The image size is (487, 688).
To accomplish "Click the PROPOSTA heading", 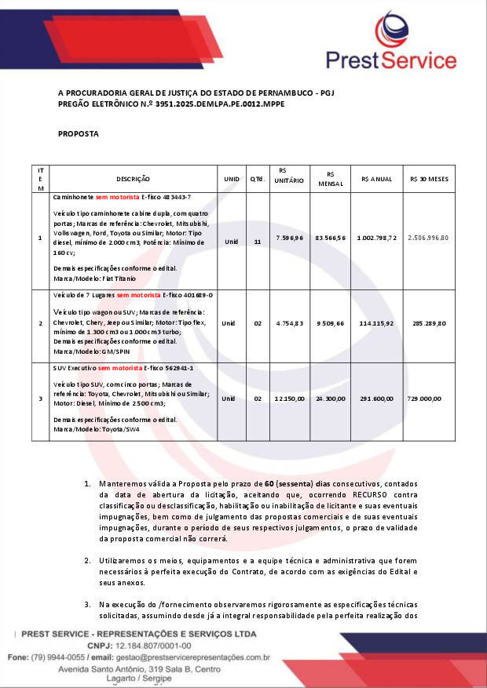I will pos(79,134).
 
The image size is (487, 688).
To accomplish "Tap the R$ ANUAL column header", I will pos(376,179).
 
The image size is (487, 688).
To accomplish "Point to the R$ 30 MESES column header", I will pos(429,179).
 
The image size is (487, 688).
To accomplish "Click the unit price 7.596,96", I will pos(288,237).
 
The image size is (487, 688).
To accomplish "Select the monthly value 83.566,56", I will pos(330,237).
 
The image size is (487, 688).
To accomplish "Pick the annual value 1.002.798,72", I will pos(376,237).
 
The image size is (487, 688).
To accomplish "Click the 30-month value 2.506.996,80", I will pos(428,237).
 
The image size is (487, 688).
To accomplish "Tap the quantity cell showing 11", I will pos(257,241).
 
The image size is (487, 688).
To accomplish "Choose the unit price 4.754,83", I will pos(288,322).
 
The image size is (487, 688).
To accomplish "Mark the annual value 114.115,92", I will pos(376,322).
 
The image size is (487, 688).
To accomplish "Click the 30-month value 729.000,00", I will pos(424,399).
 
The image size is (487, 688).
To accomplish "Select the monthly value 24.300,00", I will pos(330,399).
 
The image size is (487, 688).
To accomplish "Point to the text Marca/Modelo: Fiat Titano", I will pos(94,278).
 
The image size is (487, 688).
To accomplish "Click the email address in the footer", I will pos(192,657).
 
